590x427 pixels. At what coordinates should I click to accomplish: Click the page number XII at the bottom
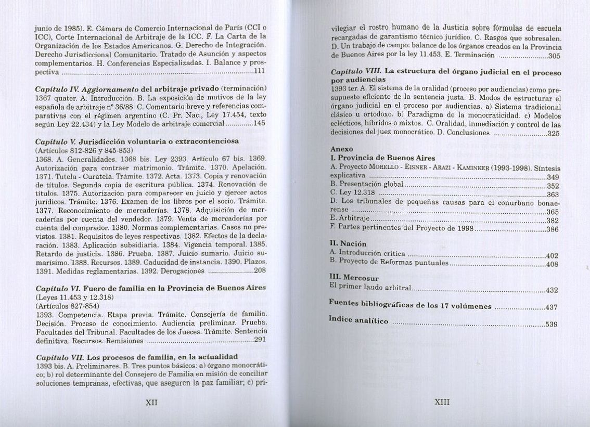[151, 403]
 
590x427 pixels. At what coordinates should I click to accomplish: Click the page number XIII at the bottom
[442, 402]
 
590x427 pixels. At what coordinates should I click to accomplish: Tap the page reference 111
[259, 71]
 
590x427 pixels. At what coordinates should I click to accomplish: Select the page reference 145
[259, 124]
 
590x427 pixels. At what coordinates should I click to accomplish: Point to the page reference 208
[260, 270]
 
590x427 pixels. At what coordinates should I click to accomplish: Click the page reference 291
[260, 340]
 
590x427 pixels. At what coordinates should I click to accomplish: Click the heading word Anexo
[342, 149]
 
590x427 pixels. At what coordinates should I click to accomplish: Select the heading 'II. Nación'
[349, 243]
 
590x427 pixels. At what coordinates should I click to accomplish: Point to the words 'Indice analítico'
[358, 320]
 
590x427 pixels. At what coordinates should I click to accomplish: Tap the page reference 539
[551, 325]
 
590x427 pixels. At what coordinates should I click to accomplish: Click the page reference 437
[551, 307]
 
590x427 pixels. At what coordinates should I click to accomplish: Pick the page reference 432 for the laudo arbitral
[551, 290]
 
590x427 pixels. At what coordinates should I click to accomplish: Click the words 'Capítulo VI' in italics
[57, 288]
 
